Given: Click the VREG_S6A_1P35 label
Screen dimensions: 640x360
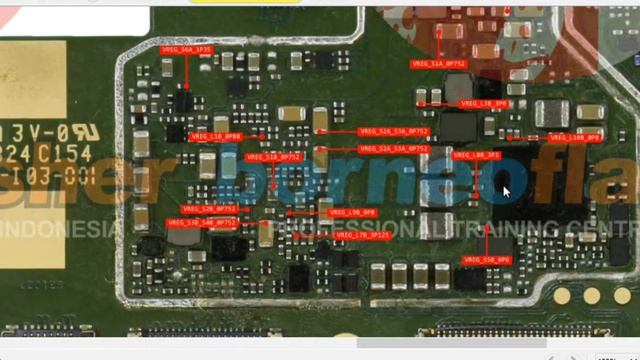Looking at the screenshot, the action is click(x=186, y=49).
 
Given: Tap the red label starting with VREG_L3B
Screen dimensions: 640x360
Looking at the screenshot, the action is click(x=484, y=104).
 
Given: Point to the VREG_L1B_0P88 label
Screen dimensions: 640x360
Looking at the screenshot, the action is click(x=216, y=136).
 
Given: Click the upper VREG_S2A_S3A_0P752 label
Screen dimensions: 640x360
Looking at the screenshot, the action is click(x=393, y=131).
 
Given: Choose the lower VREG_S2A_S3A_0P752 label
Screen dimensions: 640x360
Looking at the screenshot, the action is click(x=393, y=149).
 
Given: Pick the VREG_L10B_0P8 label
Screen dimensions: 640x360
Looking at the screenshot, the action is click(x=575, y=137).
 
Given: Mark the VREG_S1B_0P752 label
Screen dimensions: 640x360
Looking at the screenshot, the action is click(x=274, y=157).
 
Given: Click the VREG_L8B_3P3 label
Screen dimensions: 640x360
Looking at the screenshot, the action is click(x=476, y=156).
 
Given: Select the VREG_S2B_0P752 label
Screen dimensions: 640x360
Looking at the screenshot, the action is click(x=209, y=209).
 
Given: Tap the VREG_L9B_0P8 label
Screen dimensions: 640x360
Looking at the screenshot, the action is click(x=352, y=212).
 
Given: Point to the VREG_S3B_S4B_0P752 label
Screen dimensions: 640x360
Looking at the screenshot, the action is click(x=204, y=222).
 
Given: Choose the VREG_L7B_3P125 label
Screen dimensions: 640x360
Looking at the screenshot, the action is click(x=363, y=235).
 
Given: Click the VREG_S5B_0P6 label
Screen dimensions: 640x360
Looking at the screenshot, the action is click(x=487, y=260).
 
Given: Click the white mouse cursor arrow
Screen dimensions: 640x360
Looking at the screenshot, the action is click(x=506, y=191).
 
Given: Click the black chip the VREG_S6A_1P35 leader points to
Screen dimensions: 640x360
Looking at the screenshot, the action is click(x=184, y=99).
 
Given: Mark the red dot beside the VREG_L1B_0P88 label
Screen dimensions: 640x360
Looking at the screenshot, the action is click(x=260, y=136).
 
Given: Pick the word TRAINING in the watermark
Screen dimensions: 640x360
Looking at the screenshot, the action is click(x=495, y=229).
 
